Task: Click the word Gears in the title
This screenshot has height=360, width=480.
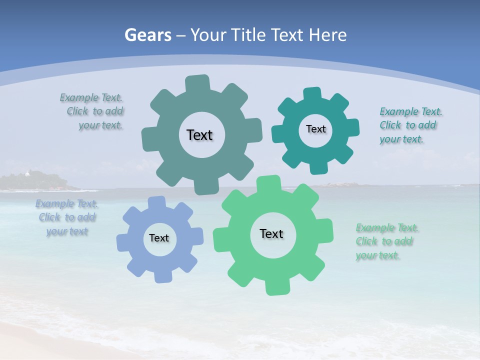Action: tap(148, 35)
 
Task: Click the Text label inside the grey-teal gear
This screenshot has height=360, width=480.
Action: tap(199, 135)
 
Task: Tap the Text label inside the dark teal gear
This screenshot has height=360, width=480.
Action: tap(315, 129)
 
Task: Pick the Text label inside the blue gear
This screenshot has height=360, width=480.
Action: tap(159, 238)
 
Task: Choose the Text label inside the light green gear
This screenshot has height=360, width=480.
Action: tap(271, 233)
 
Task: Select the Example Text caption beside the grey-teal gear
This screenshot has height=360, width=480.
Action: tap(92, 111)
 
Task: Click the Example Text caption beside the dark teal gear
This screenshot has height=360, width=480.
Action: tap(410, 125)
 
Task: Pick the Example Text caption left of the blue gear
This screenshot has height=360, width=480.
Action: tap(66, 217)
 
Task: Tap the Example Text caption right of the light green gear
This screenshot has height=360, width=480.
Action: tap(386, 241)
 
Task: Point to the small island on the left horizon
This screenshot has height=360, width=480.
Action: tap(37, 181)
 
